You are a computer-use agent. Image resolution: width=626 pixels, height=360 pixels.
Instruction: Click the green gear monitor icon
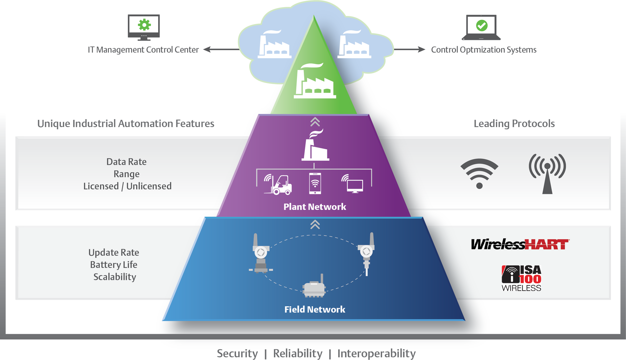[x=144, y=27]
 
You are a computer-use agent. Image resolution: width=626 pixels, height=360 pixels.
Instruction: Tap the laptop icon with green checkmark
[x=481, y=27]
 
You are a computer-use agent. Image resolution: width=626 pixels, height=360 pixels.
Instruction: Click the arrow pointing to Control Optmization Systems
[x=409, y=50]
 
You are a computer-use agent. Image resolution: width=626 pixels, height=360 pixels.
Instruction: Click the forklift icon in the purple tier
[x=278, y=185]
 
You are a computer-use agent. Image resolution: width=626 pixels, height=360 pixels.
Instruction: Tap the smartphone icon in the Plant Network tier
[x=315, y=183]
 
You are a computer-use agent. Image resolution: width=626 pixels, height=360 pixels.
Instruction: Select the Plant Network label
[x=315, y=207]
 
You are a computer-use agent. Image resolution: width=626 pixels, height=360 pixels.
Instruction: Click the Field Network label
[x=315, y=310]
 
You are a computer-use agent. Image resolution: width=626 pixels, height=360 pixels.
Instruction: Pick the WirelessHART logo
[x=520, y=244]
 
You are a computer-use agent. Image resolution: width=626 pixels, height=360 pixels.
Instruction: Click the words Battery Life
[x=114, y=265]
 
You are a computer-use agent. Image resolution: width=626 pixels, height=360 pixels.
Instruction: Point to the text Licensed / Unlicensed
[x=127, y=186]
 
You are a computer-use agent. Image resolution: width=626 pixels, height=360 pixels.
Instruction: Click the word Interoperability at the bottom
[x=376, y=353]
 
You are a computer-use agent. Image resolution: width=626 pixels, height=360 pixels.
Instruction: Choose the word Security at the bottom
[x=237, y=353]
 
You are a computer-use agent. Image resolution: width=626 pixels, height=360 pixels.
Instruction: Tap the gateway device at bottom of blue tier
[x=314, y=288]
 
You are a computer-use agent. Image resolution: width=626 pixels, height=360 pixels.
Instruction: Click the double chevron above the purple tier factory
[x=315, y=122]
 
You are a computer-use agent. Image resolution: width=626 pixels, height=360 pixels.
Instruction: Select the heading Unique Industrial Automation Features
[x=126, y=124]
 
